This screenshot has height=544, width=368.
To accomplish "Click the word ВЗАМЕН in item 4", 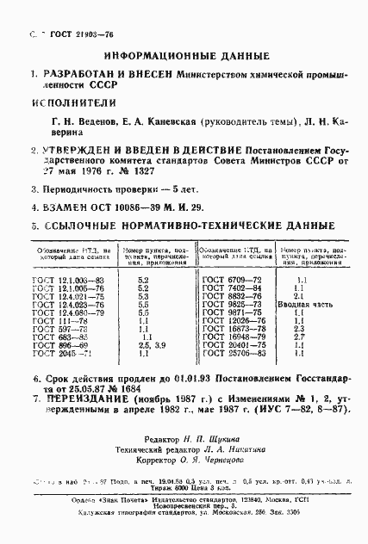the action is point(52,207).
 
